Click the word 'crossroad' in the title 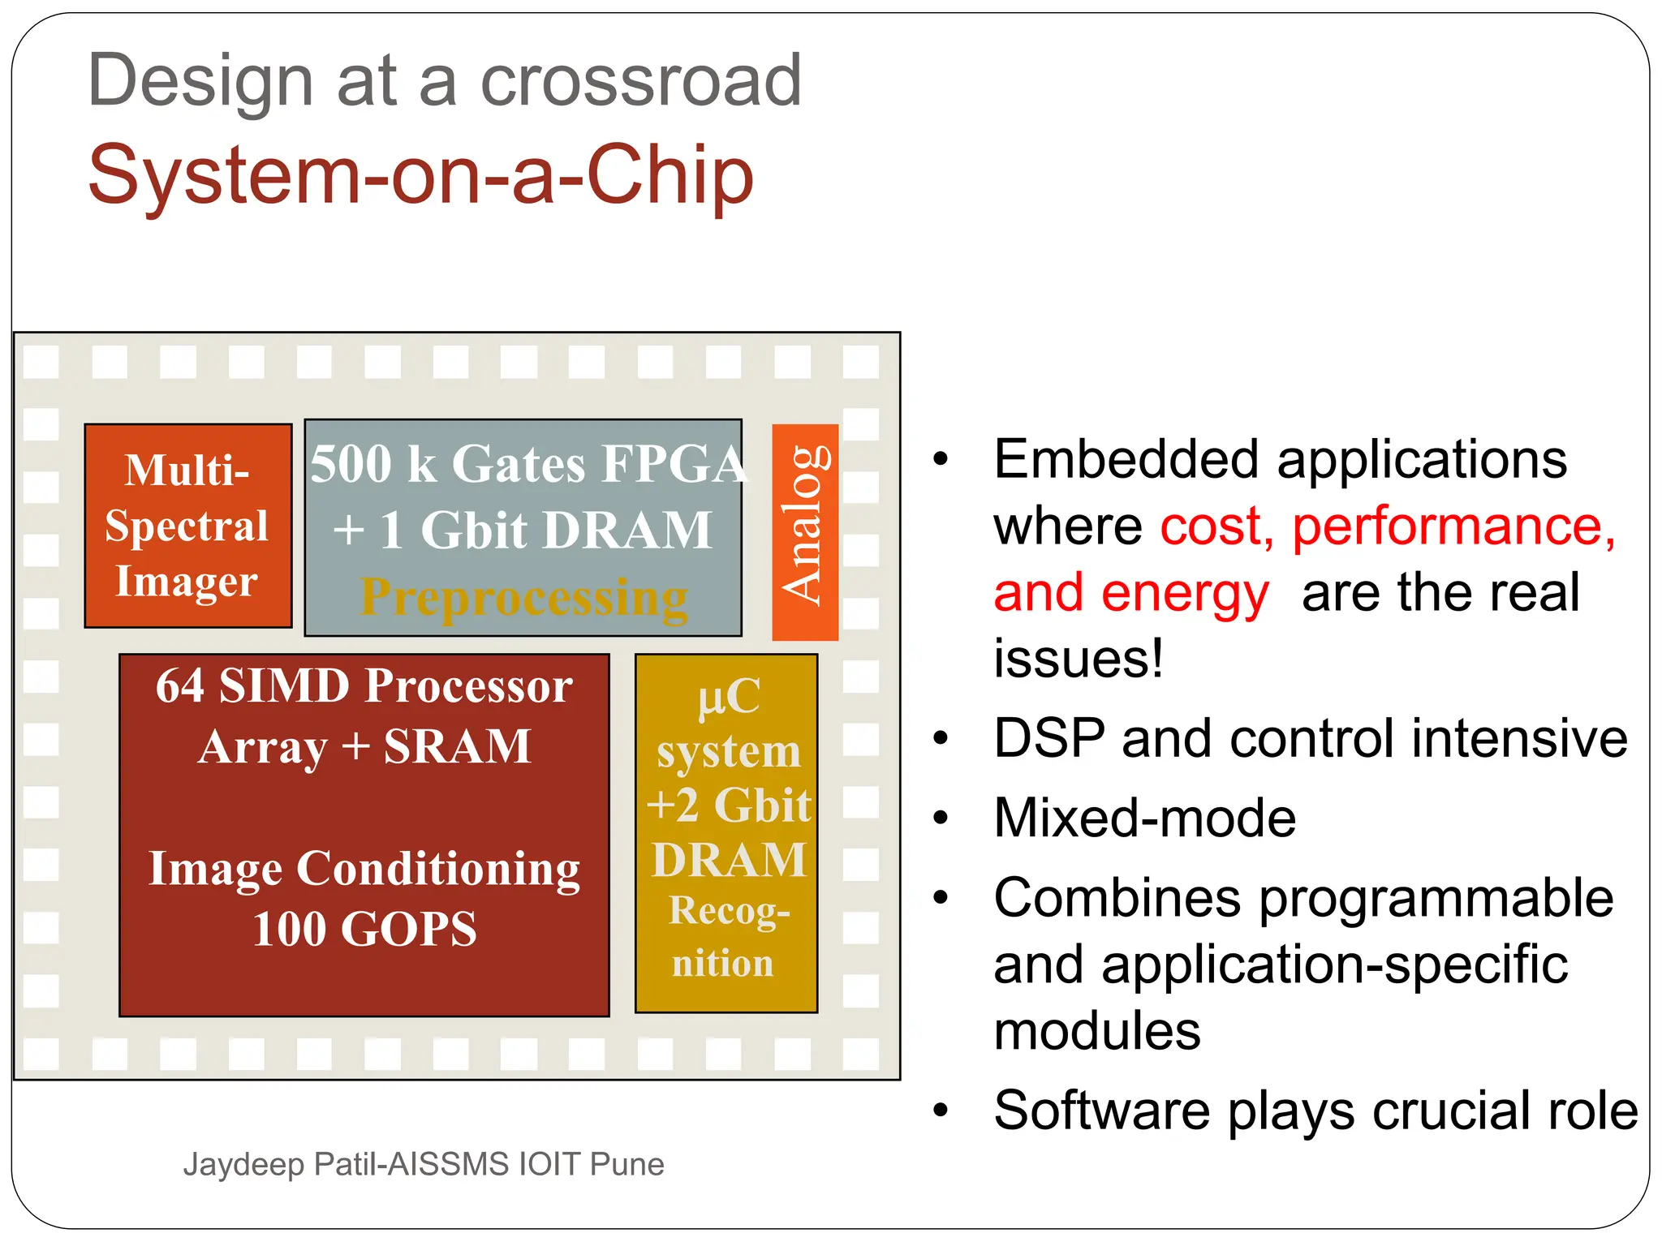point(641,81)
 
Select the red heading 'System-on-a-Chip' point(420,175)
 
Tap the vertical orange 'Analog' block point(804,531)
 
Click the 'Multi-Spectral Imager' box point(187,526)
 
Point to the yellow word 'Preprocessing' point(523,599)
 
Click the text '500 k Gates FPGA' point(526,464)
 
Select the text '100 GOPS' point(364,930)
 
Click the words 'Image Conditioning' point(364,870)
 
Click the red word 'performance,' point(1453,526)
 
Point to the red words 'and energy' point(1130,593)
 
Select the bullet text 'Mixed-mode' point(1144,818)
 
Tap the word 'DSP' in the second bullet point(1049,739)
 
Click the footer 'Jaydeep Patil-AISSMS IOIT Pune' point(423,1165)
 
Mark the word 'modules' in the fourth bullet point(1096,1032)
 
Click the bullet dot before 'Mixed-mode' point(941,818)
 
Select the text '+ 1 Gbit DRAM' point(523,531)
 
